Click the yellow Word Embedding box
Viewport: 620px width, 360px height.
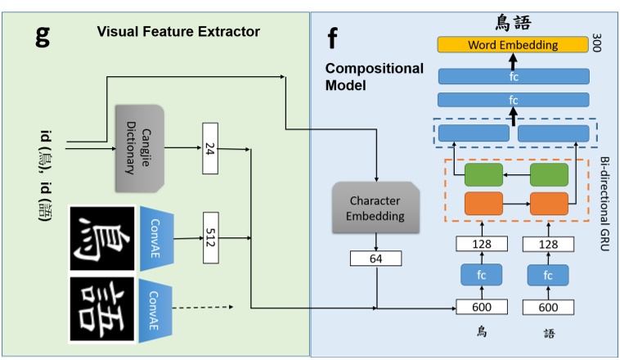pyautogui.click(x=513, y=44)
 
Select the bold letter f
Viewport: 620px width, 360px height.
pyautogui.click(x=332, y=36)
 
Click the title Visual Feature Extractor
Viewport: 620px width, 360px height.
pyautogui.click(x=178, y=32)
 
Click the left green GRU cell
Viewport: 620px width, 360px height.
pyautogui.click(x=483, y=175)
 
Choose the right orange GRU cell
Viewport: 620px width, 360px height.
pyautogui.click(x=548, y=203)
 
